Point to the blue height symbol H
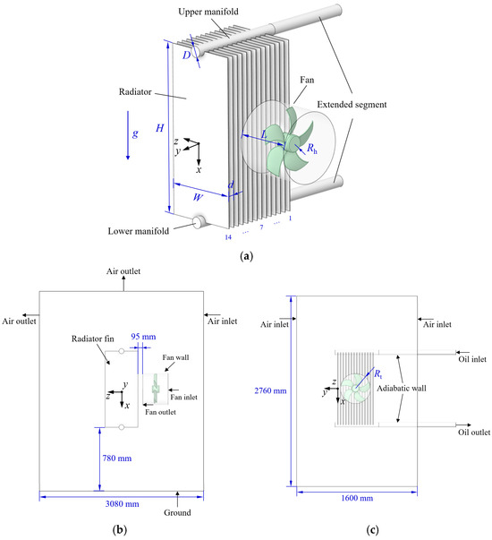pos(159,128)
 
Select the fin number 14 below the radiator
pos(233,237)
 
